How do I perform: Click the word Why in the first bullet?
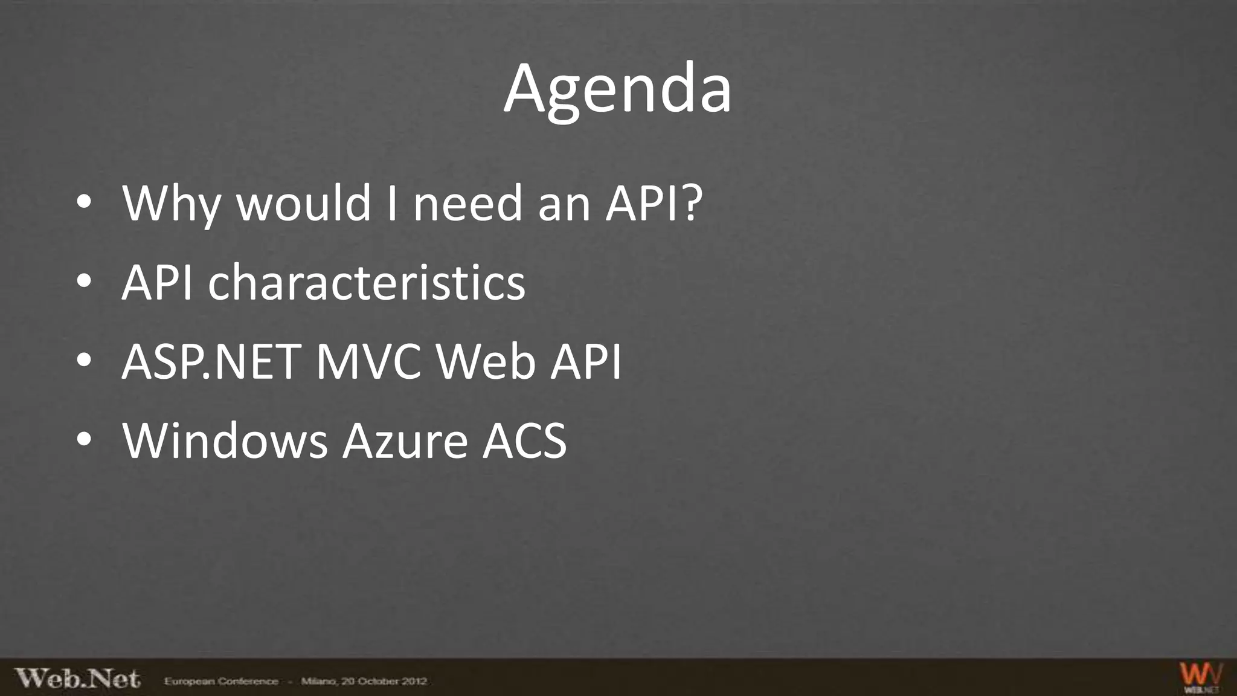tap(172, 204)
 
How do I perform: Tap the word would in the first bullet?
tap(303, 204)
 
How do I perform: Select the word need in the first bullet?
tap(467, 204)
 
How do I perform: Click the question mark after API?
tap(690, 203)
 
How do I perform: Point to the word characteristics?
tap(367, 283)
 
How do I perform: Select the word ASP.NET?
tap(211, 362)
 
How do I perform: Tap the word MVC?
tap(368, 362)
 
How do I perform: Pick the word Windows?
tap(225, 441)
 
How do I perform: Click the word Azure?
tap(405, 441)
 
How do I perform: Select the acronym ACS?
tap(524, 441)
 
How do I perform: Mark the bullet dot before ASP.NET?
tap(84, 361)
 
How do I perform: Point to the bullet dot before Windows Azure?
tap(84, 440)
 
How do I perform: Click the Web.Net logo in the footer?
tap(77, 678)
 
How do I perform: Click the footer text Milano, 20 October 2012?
tap(364, 681)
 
